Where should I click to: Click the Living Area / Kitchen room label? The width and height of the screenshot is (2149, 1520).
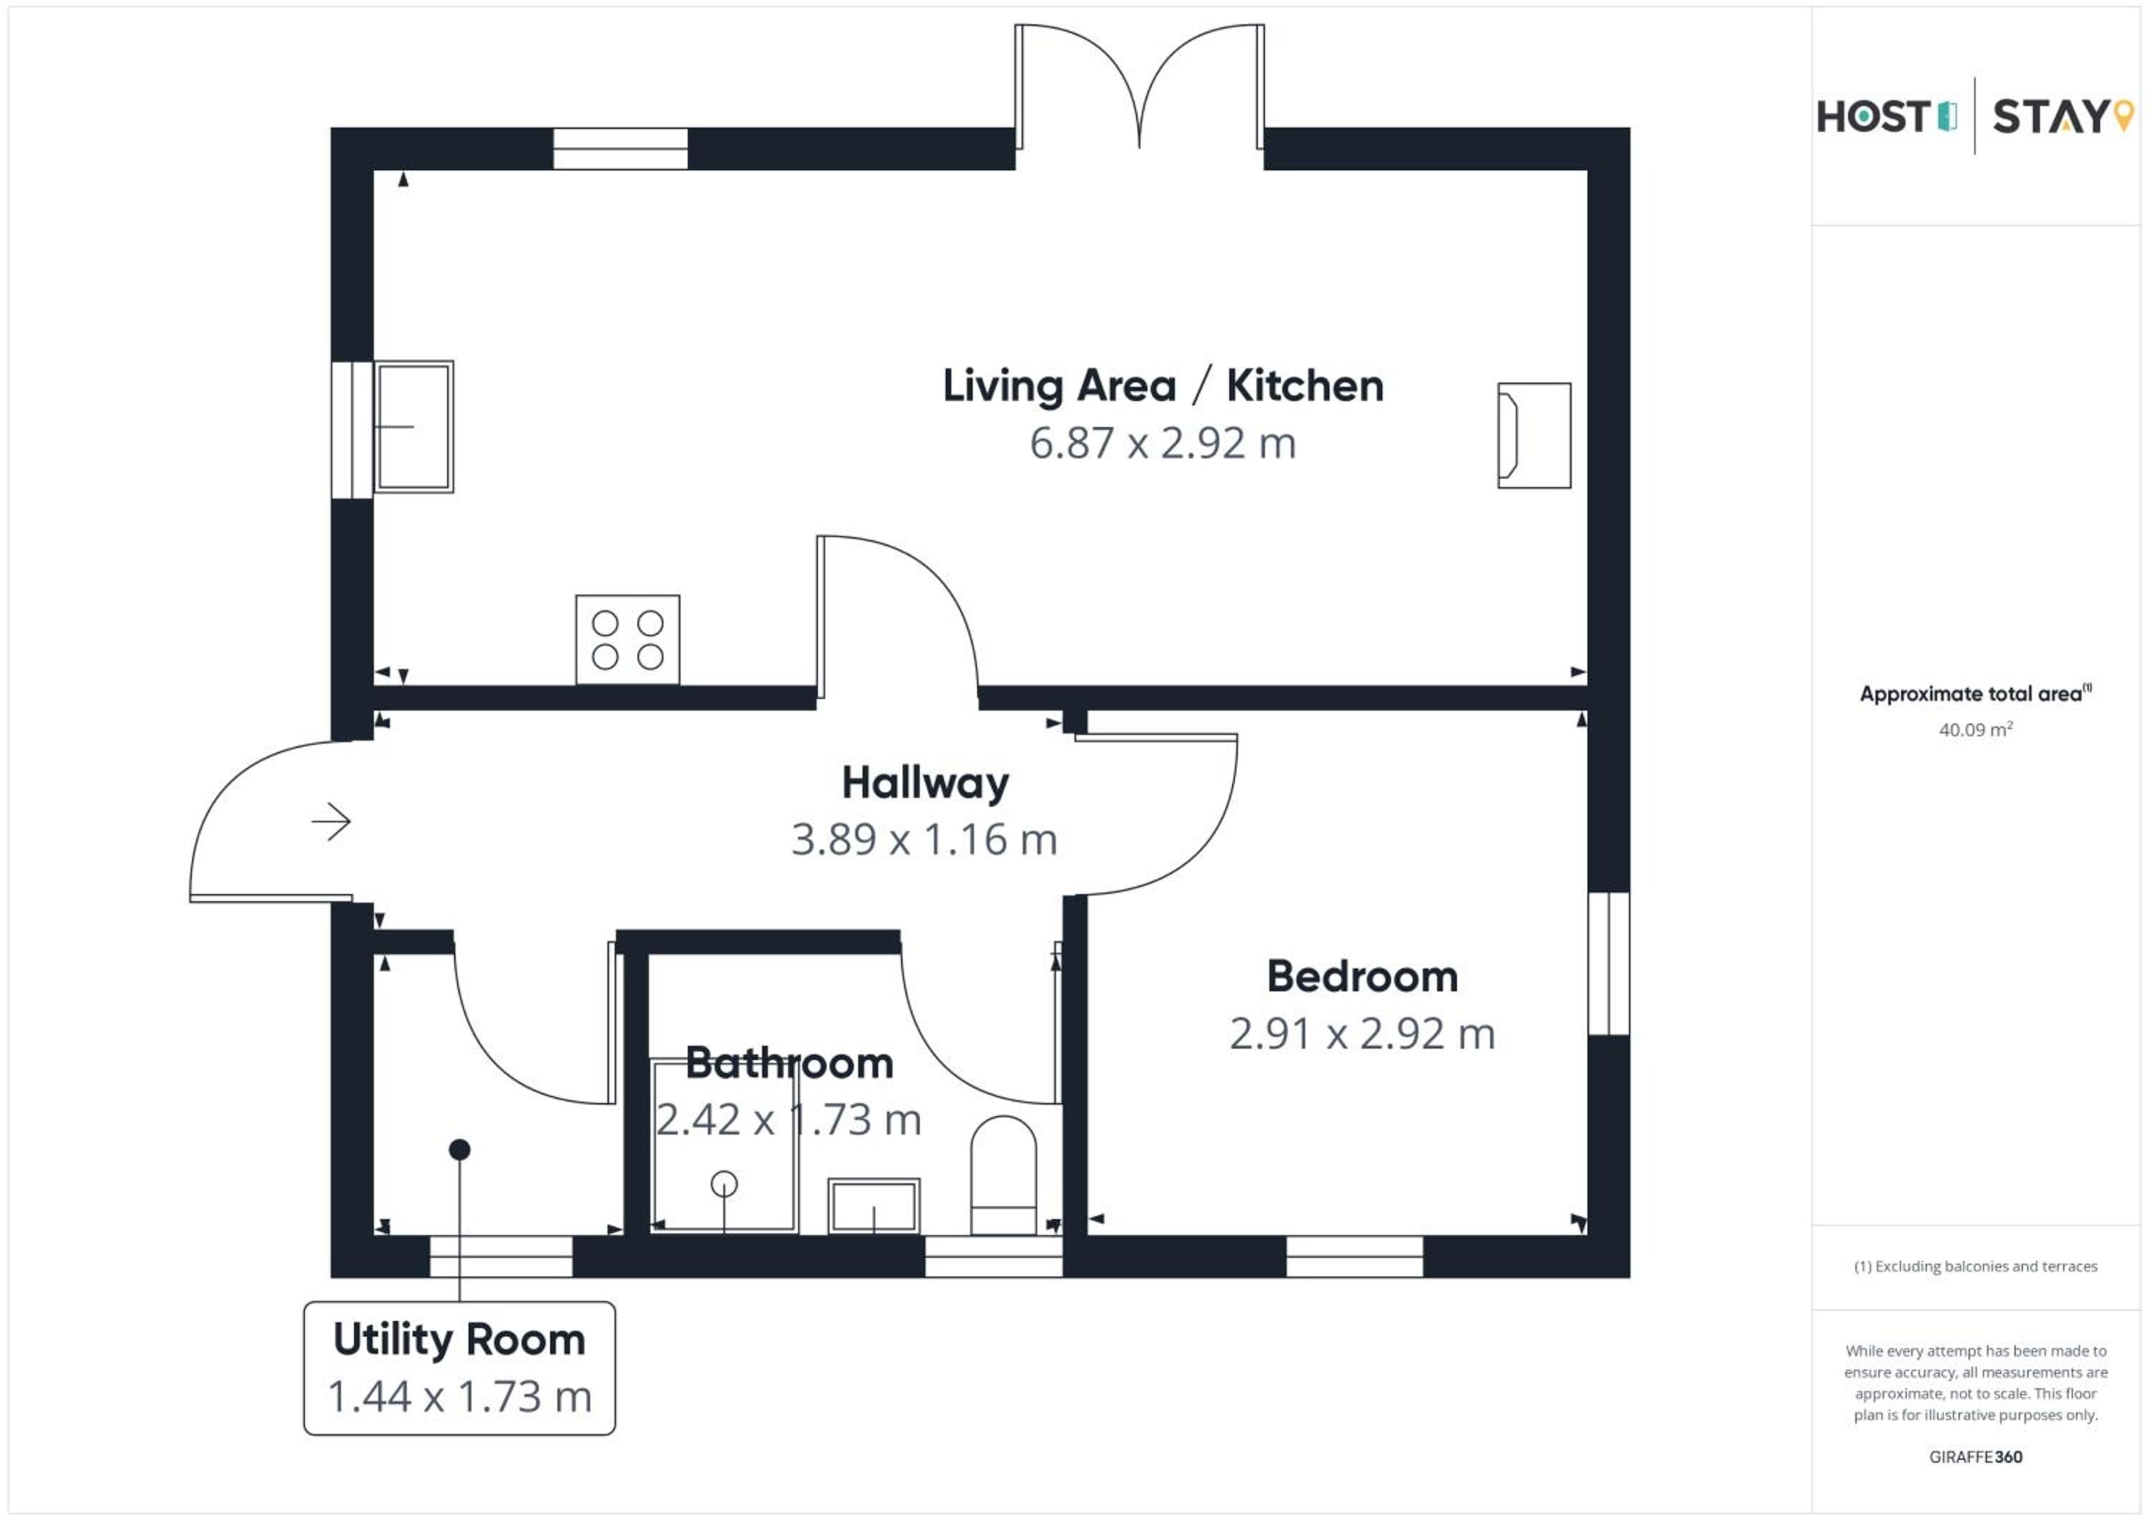[x=1163, y=385]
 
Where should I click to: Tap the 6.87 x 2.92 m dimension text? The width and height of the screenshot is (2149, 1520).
[x=1163, y=443]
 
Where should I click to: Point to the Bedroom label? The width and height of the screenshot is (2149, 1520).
[x=1362, y=977]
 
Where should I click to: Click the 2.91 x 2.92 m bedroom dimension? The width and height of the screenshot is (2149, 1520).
[x=1362, y=1034]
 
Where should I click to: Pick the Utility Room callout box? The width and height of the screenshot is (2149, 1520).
[x=460, y=1368]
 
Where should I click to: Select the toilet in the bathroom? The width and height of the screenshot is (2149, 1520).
[x=1004, y=1175]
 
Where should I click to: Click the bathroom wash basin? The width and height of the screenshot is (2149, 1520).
[x=874, y=1206]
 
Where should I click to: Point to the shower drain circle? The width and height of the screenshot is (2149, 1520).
[x=723, y=1185]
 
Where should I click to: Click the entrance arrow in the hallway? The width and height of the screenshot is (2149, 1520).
[x=332, y=822]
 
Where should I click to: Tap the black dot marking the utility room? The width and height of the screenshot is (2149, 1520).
[x=460, y=1150]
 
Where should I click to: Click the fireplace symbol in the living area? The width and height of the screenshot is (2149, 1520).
[x=1534, y=436]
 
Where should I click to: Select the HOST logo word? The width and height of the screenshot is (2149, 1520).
[x=1873, y=117]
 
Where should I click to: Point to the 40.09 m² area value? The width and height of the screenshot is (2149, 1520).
[x=1975, y=730]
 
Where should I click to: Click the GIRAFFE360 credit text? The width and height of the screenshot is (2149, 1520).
[x=1975, y=1457]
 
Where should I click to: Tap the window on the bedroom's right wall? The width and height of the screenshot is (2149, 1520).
[x=1609, y=964]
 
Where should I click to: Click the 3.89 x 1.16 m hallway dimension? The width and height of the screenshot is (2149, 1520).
[x=925, y=840]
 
